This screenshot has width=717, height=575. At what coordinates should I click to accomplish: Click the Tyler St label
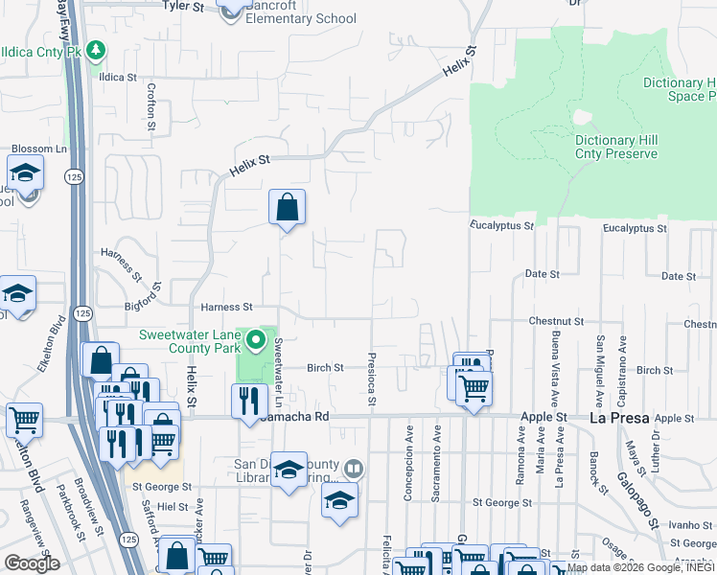pos(184,6)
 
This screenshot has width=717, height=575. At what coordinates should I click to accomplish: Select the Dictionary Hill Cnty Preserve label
pos(615,147)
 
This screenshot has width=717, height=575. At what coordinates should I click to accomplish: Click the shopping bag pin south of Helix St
pos(288,207)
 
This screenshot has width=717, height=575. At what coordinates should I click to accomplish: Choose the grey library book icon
pos(354,469)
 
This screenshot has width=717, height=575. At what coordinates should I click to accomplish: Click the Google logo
pos(32,563)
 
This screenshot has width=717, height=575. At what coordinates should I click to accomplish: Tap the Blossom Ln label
pos(38,149)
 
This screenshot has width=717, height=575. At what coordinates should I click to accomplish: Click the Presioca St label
pos(370,376)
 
